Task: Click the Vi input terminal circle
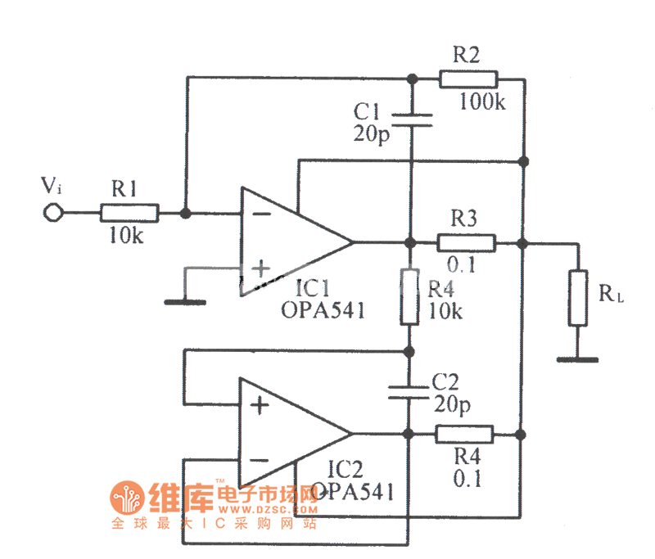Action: (x=53, y=214)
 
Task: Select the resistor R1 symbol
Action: (x=129, y=214)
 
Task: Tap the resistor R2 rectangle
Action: (x=468, y=79)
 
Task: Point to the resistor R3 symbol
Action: (x=466, y=242)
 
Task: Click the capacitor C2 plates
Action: (x=407, y=390)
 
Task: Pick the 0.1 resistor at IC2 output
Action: (x=464, y=434)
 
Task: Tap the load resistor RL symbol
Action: (x=578, y=297)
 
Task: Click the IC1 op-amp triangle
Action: (x=291, y=242)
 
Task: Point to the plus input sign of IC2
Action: (x=258, y=406)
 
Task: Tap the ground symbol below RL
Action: (x=577, y=358)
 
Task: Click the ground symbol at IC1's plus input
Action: (x=184, y=301)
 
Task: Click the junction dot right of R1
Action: (x=187, y=214)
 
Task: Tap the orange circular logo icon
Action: (x=127, y=498)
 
